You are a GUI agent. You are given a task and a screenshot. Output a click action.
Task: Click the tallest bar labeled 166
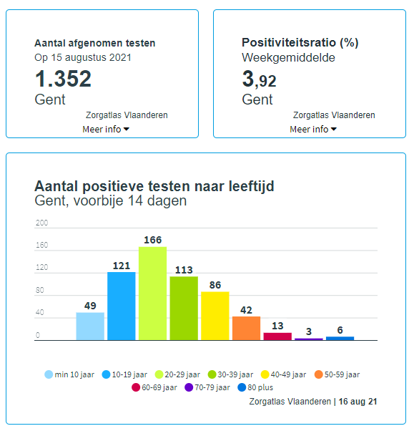(152, 294)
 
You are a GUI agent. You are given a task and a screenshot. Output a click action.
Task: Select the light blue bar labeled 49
(90, 326)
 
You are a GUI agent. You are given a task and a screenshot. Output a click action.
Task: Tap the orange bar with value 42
(246, 328)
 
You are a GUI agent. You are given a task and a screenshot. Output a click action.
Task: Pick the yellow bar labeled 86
(215, 316)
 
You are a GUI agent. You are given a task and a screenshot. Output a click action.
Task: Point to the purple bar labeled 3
(309, 339)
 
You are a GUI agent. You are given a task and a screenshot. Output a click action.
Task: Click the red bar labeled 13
(277, 336)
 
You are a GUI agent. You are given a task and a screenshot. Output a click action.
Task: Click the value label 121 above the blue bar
(121, 266)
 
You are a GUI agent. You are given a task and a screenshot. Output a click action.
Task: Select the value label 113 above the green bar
(184, 270)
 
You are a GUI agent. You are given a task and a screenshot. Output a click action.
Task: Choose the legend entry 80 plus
(260, 387)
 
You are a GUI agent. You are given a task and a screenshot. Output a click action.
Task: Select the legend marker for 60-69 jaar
(137, 387)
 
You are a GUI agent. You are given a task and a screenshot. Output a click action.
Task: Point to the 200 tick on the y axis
(41, 223)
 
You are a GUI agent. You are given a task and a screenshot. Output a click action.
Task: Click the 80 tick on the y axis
(40, 291)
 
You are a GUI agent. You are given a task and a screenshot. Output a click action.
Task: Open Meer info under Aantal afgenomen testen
(106, 129)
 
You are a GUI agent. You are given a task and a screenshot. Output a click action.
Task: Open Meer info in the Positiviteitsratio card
(312, 129)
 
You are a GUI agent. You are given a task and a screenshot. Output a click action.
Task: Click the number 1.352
(63, 79)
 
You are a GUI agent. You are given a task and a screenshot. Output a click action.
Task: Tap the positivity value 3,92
(259, 79)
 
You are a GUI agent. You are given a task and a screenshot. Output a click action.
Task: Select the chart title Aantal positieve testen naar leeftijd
(154, 186)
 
